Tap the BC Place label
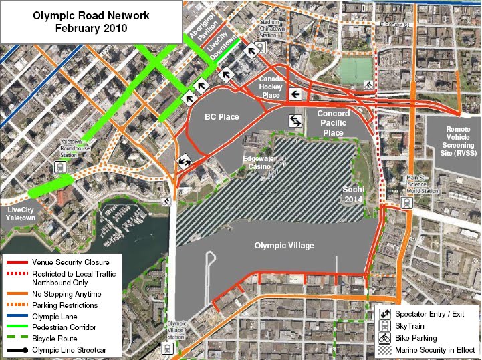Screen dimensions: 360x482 click(x=221, y=117)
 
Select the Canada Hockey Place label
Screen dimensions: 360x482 click(x=271, y=87)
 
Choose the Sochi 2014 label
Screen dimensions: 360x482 click(x=352, y=194)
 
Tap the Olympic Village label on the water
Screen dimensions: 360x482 click(x=284, y=246)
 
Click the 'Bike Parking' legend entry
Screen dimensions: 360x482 click(x=416, y=338)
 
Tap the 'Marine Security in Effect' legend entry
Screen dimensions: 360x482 click(x=435, y=349)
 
